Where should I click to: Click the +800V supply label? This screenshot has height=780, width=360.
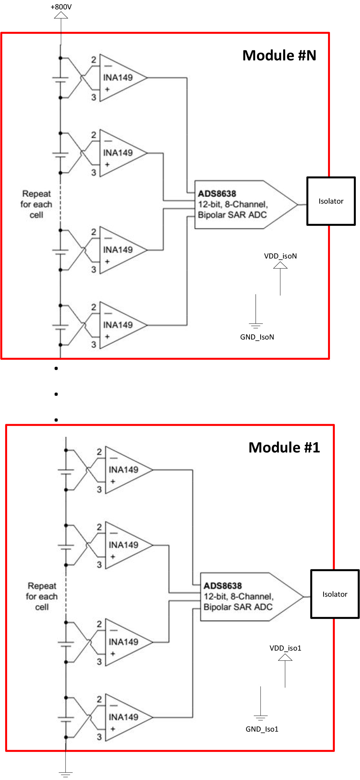[61, 7]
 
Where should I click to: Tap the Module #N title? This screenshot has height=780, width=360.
[279, 55]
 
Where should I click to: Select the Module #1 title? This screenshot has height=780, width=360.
[284, 447]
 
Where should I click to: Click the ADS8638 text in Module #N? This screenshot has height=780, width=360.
[217, 194]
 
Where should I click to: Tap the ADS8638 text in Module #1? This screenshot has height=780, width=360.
[223, 586]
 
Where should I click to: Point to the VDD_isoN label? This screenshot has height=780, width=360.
[280, 256]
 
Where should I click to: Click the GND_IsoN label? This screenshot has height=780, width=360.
[257, 337]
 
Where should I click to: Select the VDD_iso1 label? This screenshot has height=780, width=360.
[285, 648]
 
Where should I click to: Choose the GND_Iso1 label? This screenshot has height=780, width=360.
[262, 729]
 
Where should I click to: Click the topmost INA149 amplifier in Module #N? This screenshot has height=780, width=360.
[123, 78]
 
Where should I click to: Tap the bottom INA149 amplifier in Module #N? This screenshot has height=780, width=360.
[123, 325]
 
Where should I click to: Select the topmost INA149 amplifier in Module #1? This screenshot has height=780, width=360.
[129, 470]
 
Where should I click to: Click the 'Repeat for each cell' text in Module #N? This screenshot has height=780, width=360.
[36, 204]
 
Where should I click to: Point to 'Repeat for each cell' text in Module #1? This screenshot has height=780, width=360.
[42, 596]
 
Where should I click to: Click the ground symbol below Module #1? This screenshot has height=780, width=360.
[66, 774]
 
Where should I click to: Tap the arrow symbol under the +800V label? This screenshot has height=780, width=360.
[61, 15]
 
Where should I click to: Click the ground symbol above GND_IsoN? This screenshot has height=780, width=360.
[256, 325]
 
